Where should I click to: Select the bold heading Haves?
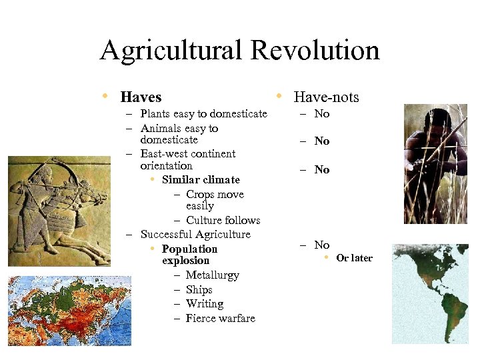pos(141,97)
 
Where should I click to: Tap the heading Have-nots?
pos(326,97)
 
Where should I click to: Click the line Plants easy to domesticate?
pos(203,114)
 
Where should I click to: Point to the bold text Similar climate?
pos(201,180)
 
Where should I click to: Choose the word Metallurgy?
pos(212,275)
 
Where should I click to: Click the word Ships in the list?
pos(199,290)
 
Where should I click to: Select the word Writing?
pos(204,304)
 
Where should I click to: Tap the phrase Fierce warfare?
pos(220,319)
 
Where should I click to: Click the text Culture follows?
pos(223,221)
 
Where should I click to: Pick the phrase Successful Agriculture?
pos(195,235)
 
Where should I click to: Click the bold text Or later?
pos(354,258)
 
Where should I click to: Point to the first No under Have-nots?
pos(322,114)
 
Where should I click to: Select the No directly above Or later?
pos(322,245)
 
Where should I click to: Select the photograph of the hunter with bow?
pos(436,164)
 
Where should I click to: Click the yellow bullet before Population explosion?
pos(153,249)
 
